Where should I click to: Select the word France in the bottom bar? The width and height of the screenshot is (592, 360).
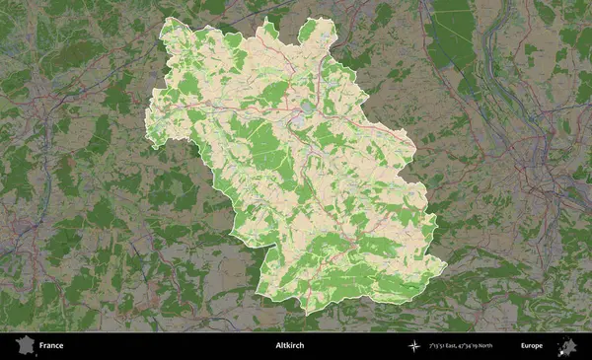tap(51, 345)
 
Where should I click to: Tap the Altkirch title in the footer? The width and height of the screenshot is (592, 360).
tap(291, 345)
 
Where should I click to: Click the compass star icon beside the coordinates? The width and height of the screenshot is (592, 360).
tap(413, 345)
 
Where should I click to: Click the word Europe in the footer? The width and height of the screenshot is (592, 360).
tap(532, 345)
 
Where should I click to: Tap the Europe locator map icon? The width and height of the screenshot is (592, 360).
tap(567, 345)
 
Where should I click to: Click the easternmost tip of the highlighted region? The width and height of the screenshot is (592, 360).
tap(447, 264)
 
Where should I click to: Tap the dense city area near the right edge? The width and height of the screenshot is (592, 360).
tap(553, 187)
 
